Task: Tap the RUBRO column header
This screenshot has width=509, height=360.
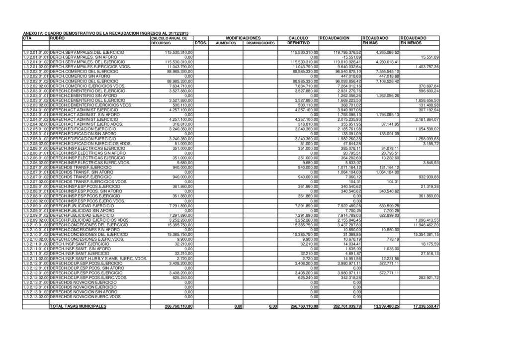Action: coord(57,38)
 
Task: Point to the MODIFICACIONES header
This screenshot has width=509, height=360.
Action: coord(243,38)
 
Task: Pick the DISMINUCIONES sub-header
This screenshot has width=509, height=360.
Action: coord(260,43)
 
